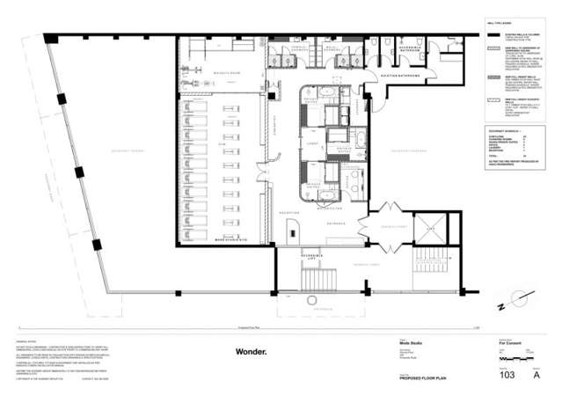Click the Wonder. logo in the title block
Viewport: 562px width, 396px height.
[250, 351]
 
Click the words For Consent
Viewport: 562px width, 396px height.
[511, 347]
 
